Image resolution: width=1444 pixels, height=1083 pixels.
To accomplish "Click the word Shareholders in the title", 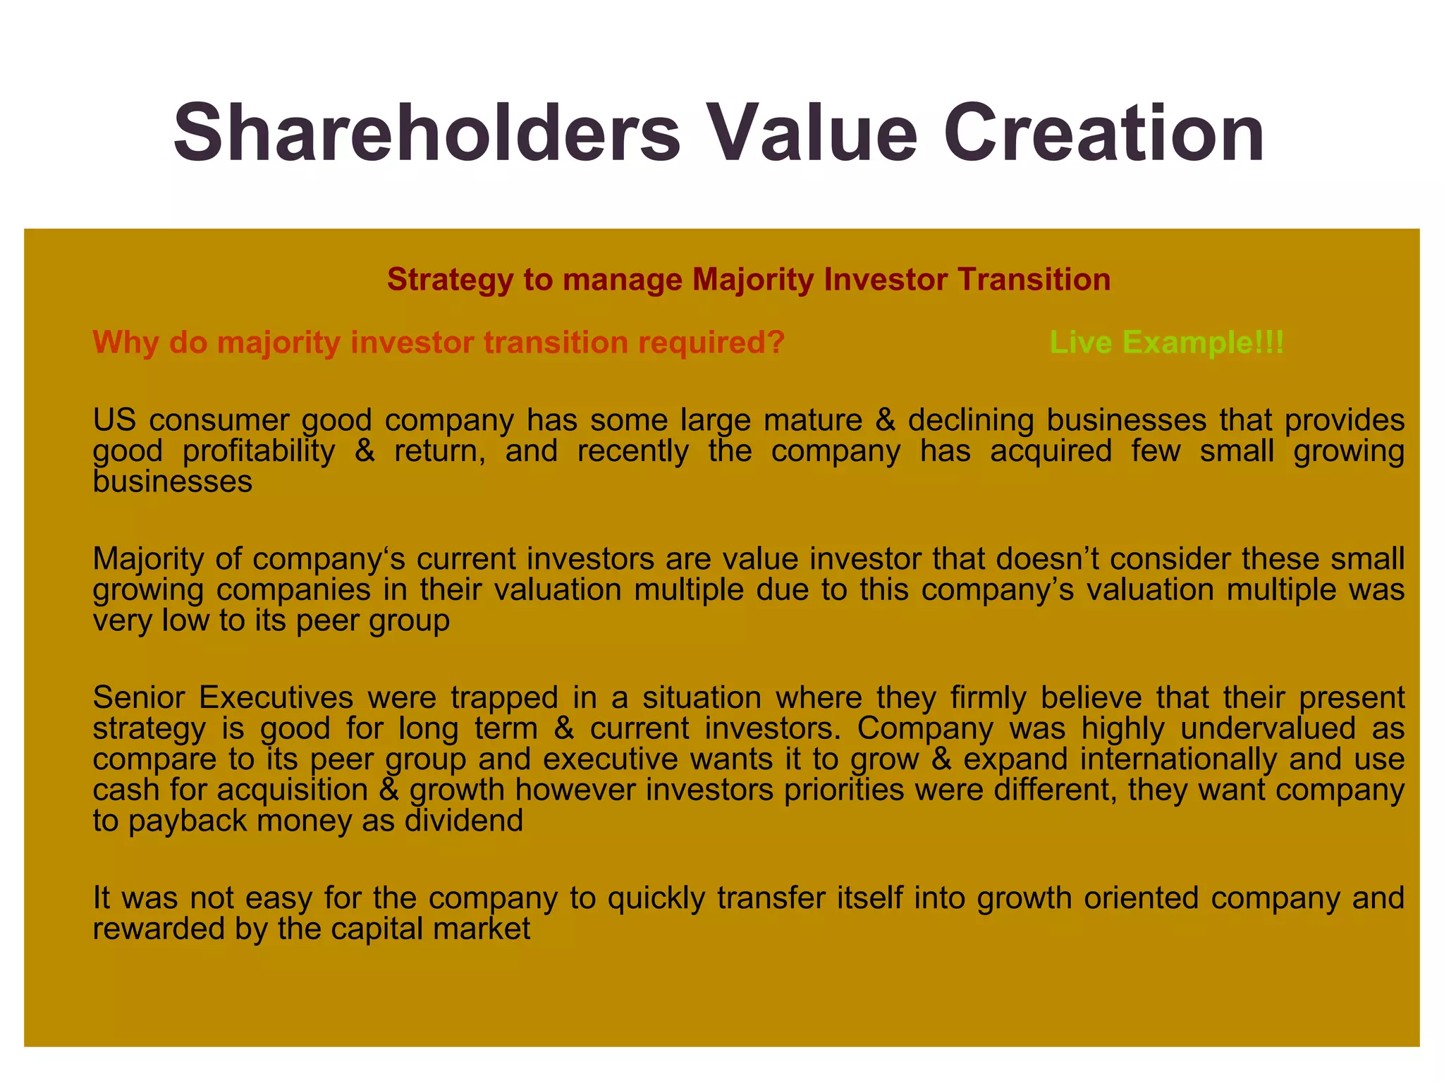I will [427, 133].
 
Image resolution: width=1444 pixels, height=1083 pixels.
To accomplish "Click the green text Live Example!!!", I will [1167, 343].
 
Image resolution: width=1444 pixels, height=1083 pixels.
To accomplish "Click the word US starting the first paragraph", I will [113, 420].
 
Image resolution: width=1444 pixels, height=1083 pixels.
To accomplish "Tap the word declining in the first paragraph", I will [970, 420].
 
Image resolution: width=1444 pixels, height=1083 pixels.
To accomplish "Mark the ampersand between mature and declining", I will [885, 420].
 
